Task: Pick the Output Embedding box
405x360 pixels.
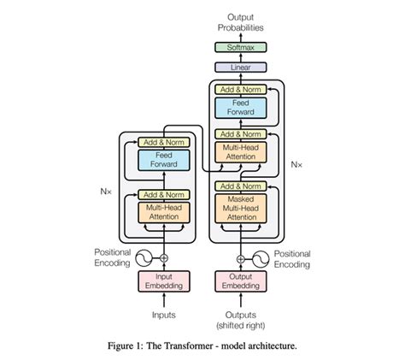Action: (x=240, y=281)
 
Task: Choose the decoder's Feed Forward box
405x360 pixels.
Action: (x=240, y=107)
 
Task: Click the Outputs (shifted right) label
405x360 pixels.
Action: (x=240, y=320)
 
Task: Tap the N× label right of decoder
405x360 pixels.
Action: (x=296, y=163)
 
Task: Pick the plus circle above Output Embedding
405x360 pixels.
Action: (x=240, y=257)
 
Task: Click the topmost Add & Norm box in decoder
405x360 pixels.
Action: (x=240, y=89)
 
